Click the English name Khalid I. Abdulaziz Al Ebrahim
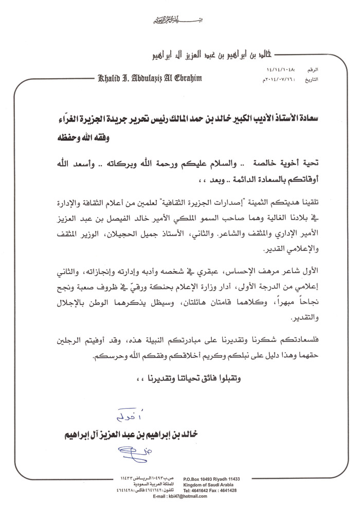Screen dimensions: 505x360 tap(148, 79)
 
